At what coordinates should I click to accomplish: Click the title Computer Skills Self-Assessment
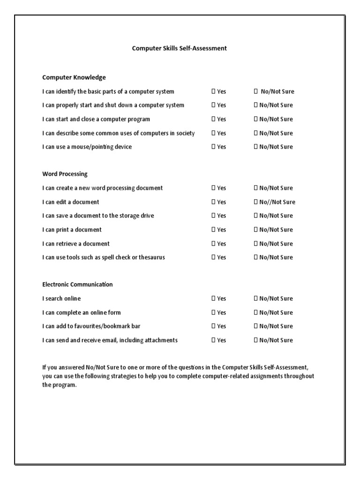179,48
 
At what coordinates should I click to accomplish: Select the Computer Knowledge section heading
74,77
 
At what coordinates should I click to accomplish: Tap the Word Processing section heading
65,174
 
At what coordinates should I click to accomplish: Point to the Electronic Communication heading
77,285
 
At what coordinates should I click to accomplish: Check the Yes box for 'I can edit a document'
213,202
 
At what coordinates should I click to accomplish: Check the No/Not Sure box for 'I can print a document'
256,230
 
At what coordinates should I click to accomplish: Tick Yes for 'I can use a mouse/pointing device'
213,147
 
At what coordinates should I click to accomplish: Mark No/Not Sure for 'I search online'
256,299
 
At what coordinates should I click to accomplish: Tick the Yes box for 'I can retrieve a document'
213,244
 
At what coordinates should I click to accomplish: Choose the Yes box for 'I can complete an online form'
213,313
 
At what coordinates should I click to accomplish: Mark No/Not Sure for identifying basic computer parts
256,91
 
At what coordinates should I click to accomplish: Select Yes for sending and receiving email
213,340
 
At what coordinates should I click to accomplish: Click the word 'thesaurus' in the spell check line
151,257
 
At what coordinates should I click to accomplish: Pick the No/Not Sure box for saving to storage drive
256,216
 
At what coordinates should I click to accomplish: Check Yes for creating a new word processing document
213,188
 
